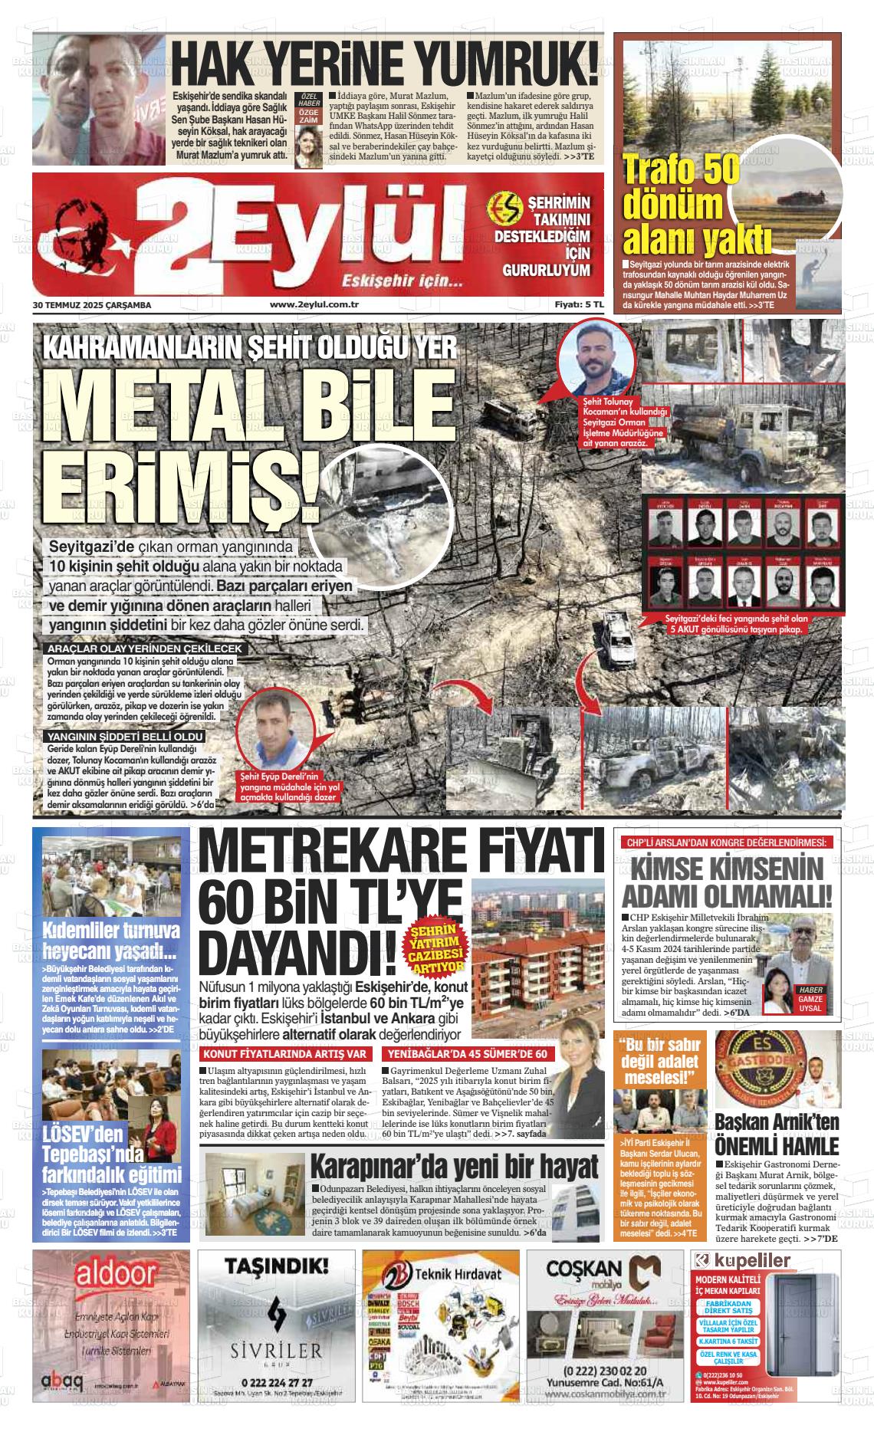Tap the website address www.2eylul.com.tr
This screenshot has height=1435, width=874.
coord(315,304)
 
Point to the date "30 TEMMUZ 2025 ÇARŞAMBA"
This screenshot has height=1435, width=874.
coord(92,304)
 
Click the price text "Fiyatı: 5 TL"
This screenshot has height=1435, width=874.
coord(580,304)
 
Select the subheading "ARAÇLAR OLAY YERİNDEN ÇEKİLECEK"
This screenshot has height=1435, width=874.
coord(144,649)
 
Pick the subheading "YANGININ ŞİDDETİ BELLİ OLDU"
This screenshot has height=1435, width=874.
coord(125,736)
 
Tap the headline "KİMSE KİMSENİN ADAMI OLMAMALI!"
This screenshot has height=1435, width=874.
coord(726,882)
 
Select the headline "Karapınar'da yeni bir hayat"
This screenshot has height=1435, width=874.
coord(453,1167)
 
